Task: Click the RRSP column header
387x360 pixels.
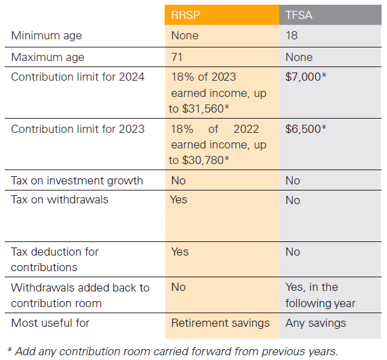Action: pyautogui.click(x=185, y=15)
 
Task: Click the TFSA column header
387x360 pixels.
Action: pyautogui.click(x=299, y=15)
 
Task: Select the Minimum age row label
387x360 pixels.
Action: pyautogui.click(x=46, y=36)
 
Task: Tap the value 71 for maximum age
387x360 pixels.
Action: pyautogui.click(x=177, y=57)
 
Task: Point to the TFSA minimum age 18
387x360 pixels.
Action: pyautogui.click(x=291, y=35)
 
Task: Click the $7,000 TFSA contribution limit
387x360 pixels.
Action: pyautogui.click(x=306, y=77)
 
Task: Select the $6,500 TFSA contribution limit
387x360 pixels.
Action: pyautogui.click(x=306, y=129)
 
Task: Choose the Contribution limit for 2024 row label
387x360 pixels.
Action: pyautogui.click(x=77, y=77)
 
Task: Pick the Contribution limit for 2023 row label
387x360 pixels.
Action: pyautogui.click(x=77, y=129)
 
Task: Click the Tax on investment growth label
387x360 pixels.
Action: pyautogui.click(x=77, y=181)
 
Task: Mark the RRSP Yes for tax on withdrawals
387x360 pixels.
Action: pyautogui.click(x=178, y=199)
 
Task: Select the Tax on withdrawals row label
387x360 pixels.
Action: pyautogui.click(x=60, y=199)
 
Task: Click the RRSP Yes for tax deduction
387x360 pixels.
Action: pyautogui.click(x=180, y=252)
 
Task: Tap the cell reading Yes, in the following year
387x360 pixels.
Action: pyautogui.click(x=321, y=296)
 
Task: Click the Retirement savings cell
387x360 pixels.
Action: pyautogui.click(x=220, y=323)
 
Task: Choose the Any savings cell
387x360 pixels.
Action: pyautogui.click(x=316, y=323)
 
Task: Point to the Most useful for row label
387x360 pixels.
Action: pyautogui.click(x=50, y=323)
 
